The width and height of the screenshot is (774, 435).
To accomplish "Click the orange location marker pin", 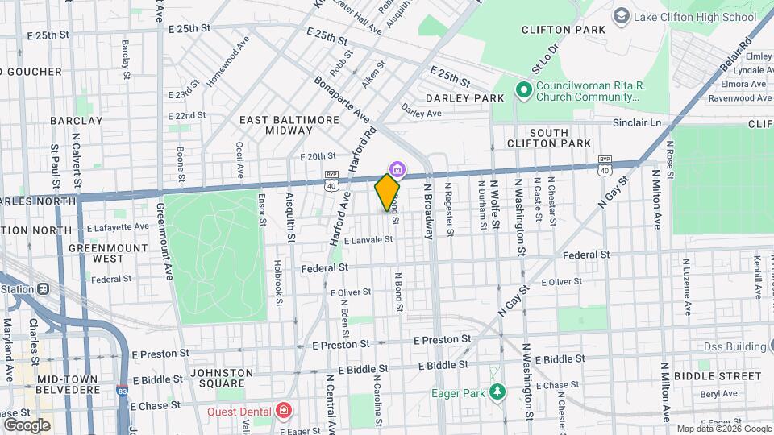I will (387, 192).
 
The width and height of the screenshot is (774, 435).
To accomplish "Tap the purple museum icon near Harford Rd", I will (397, 169).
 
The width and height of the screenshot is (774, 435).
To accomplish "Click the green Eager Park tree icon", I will (497, 392).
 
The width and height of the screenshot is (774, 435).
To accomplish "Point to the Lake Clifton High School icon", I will (621, 16).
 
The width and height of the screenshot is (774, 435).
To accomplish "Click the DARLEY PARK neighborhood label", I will (464, 98).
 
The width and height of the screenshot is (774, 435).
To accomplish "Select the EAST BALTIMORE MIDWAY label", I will (290, 125).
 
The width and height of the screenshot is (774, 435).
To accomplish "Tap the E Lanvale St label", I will (368, 240).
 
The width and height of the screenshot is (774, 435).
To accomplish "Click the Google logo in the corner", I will (27, 425).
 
